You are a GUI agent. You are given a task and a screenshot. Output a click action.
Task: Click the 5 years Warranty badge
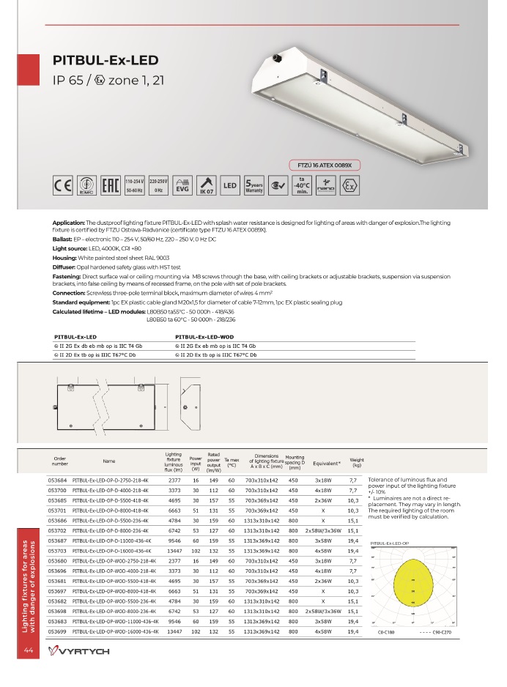point(254,186)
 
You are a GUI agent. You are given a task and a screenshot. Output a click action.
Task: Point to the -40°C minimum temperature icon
point(301,185)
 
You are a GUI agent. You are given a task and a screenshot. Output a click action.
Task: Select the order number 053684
point(57,481)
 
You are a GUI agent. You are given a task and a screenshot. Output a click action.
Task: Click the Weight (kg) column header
point(357,462)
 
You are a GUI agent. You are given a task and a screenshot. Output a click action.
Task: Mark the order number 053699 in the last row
point(57,630)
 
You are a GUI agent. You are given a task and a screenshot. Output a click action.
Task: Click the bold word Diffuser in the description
point(66,269)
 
